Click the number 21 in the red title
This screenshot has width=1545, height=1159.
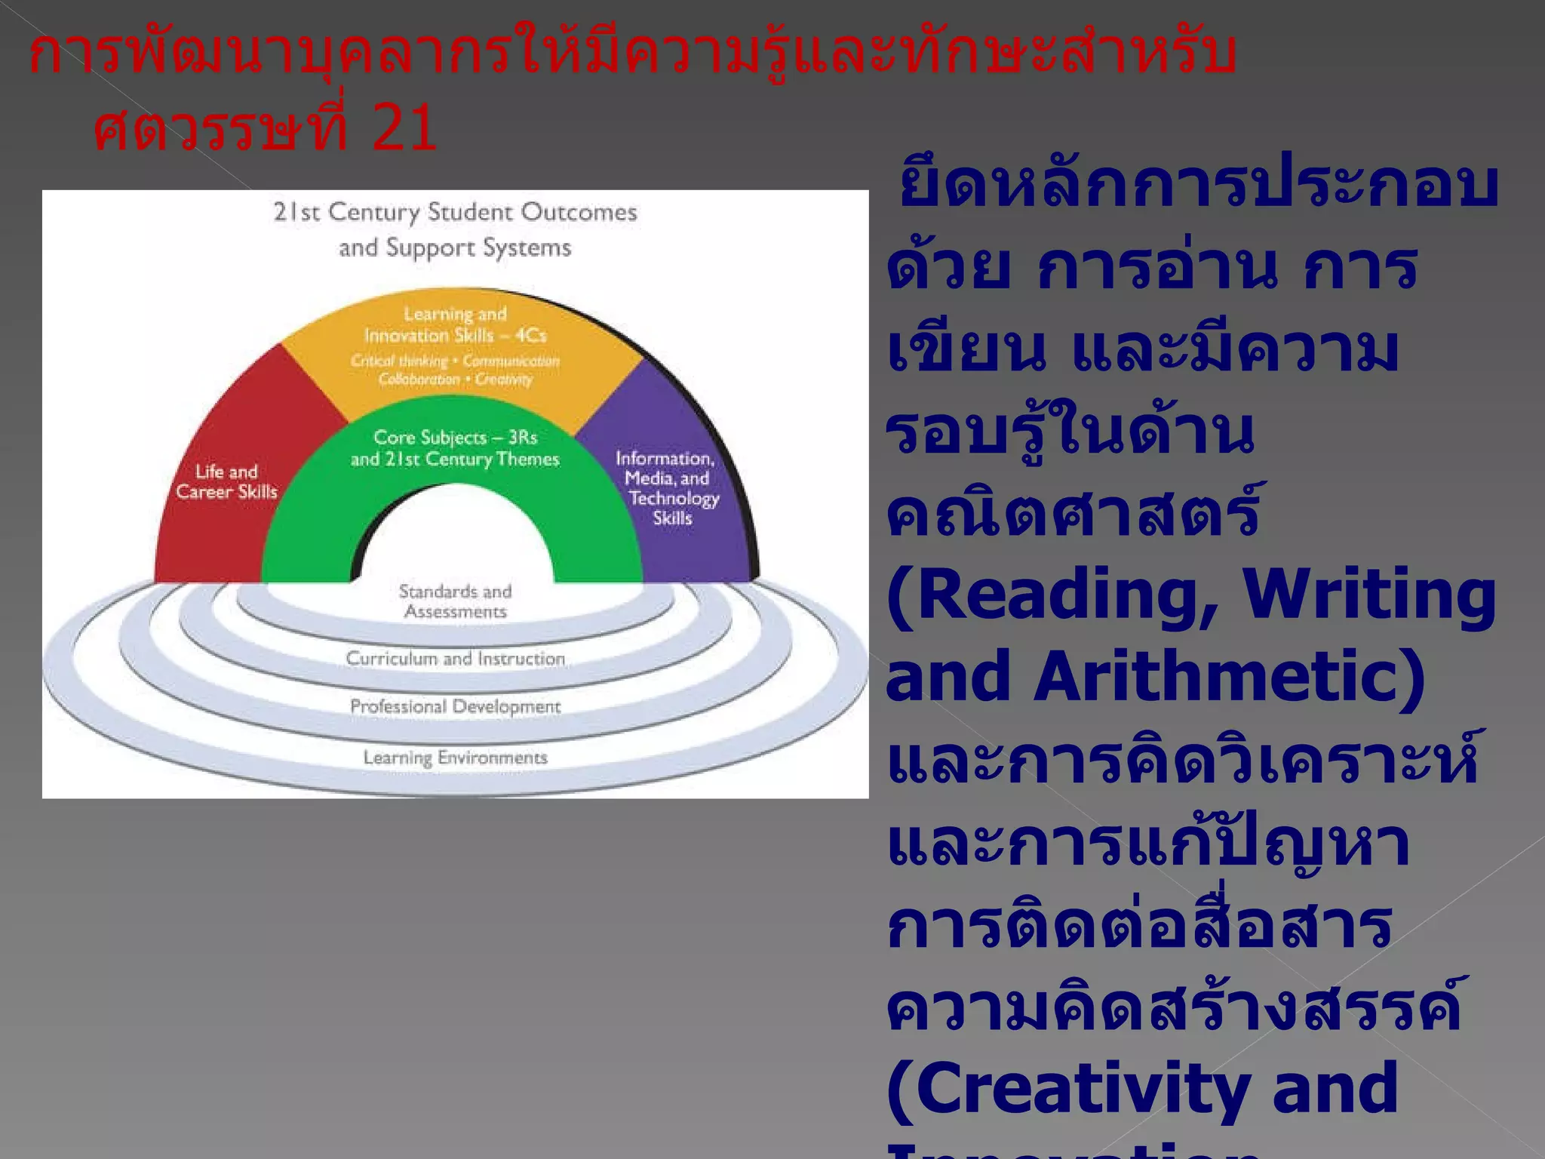click(404, 127)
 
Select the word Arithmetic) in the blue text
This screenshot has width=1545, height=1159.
click(1230, 676)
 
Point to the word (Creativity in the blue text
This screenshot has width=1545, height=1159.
click(1064, 1088)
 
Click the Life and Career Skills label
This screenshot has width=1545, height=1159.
click(227, 481)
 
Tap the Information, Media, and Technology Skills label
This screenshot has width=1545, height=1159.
click(667, 487)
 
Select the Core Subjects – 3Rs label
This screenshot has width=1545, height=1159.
click(456, 438)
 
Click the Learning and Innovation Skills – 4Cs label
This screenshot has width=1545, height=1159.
click(456, 324)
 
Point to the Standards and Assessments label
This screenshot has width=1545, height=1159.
click(456, 601)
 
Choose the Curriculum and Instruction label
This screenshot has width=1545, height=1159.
click(456, 659)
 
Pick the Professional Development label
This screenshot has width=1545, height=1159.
click(456, 707)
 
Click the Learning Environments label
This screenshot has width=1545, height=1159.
click(456, 758)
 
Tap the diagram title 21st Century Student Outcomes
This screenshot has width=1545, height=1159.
click(456, 212)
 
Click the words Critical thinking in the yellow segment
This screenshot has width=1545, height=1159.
click(399, 361)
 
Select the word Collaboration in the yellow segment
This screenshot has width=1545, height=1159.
click(419, 379)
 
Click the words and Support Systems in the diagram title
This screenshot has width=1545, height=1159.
click(456, 247)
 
